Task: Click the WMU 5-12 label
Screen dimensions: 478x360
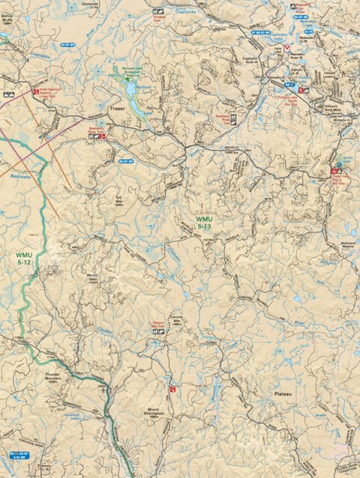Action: pos(23,258)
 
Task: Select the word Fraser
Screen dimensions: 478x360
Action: pos(116,108)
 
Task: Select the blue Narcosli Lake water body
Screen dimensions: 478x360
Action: pos(131,90)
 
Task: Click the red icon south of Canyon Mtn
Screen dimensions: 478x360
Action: pos(172,390)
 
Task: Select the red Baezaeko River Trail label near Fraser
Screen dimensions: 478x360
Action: pos(98,130)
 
